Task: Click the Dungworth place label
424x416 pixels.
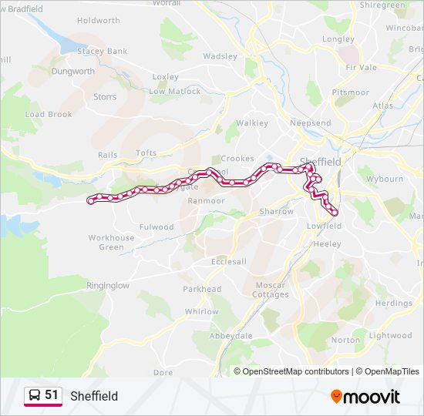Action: pos(72,71)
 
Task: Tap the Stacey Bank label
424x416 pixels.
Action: pos(102,51)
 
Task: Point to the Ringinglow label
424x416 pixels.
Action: pos(108,285)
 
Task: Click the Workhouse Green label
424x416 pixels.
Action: pos(111,243)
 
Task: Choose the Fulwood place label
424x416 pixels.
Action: pos(156,227)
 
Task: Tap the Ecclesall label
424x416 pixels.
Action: pos(229,261)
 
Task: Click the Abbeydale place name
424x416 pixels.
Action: pos(231,336)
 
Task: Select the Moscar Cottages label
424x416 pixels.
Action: pos(271,290)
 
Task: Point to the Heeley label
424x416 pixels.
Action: pos(328,243)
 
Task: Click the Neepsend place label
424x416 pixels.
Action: pos(310,123)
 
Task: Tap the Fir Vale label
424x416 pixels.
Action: pos(362,67)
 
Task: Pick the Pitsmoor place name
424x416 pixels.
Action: pos(350,92)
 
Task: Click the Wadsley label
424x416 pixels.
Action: pos(220,56)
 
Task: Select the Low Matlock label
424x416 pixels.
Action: pos(174,91)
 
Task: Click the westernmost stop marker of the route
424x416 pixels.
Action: pos(92,201)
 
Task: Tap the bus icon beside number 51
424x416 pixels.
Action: pos(35,395)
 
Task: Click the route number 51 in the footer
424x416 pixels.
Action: pos(52,395)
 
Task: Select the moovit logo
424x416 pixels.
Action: pos(365,396)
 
